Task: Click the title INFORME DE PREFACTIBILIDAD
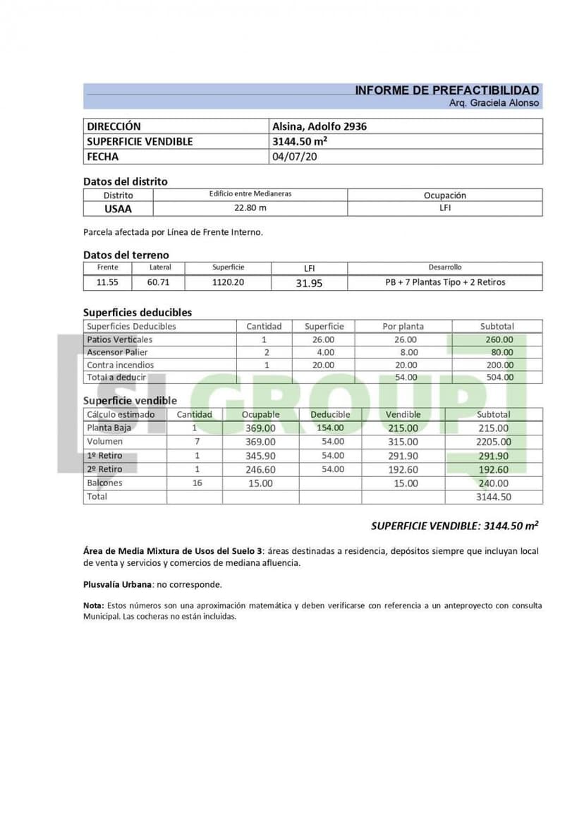(446, 90)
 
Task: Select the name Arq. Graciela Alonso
(494, 103)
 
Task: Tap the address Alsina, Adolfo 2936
(320, 127)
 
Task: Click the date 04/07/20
(295, 157)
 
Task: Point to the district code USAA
(118, 209)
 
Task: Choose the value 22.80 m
(250, 208)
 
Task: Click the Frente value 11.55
(107, 282)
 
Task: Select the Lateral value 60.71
(160, 282)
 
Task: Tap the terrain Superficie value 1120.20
(228, 282)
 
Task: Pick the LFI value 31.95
(309, 283)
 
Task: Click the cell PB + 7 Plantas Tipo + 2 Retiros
(445, 282)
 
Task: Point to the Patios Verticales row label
(119, 339)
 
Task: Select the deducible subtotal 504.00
(497, 378)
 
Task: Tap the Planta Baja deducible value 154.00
(329, 428)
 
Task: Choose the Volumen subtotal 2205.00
(494, 442)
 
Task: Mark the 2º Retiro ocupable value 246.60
(260, 469)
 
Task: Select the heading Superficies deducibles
(137, 312)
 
